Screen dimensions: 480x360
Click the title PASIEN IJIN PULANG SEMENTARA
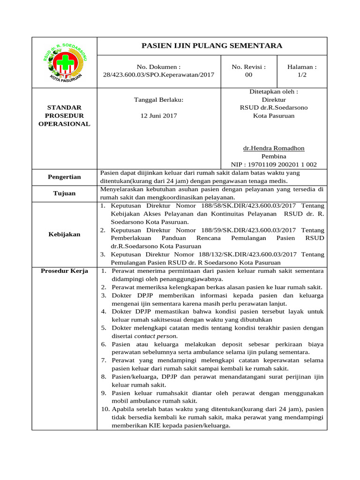coord(212,45)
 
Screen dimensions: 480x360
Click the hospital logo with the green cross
coord(64,62)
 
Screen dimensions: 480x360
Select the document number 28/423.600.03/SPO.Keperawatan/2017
coord(158,75)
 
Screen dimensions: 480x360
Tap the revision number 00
coord(248,75)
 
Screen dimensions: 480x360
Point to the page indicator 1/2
coord(302,75)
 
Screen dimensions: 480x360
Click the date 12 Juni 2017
coord(158,115)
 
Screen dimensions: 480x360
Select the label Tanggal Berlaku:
coord(158,100)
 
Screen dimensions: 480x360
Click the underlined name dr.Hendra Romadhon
coord(274,148)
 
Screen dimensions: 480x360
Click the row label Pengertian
coord(64,177)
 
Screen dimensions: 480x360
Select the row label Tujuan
coord(64,193)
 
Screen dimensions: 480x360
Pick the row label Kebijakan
coord(64,234)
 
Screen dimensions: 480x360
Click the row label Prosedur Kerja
coord(64,271)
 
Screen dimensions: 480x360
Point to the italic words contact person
coord(156,336)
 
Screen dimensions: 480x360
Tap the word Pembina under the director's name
coord(274,156)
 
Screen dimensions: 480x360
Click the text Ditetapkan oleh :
coord(274,92)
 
